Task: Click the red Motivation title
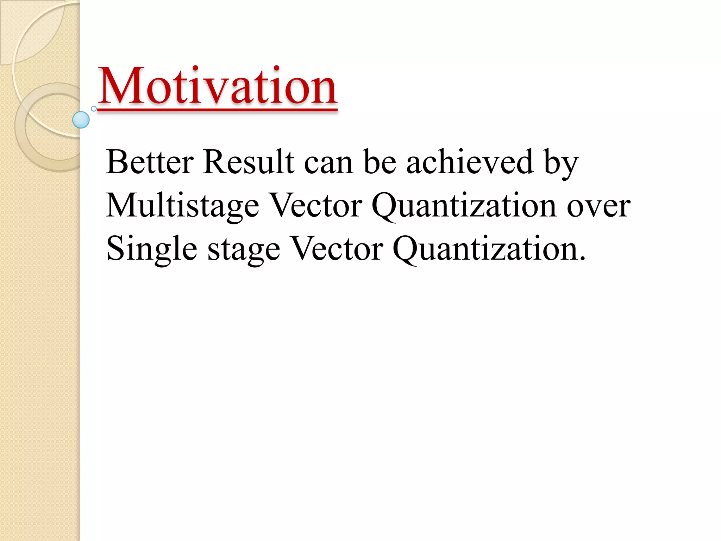[217, 86]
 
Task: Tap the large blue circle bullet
[81, 120]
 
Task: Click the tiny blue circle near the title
[94, 108]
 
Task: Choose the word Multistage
[182, 206]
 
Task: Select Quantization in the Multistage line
[464, 206]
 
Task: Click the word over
[598, 208]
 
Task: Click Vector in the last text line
[337, 249]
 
